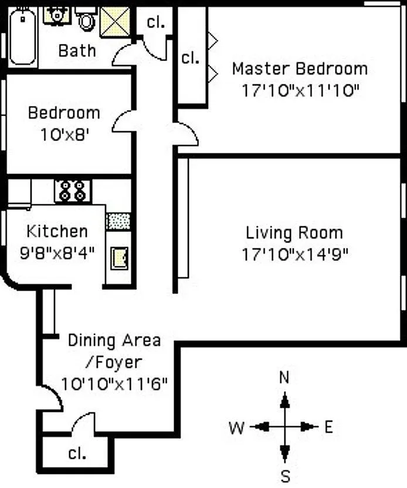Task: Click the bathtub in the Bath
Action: point(22,37)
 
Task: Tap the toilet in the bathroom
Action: point(86,19)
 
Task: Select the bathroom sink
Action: point(57,15)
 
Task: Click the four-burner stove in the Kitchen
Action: point(73,191)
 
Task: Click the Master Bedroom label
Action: point(300,69)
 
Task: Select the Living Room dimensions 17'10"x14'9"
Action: point(294,254)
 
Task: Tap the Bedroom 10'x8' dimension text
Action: point(65,135)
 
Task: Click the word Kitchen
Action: point(57,231)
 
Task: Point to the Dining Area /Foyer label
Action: point(114,351)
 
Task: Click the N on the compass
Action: point(284,377)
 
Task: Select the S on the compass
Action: point(285,476)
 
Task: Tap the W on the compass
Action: point(236,427)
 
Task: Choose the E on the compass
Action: point(328,427)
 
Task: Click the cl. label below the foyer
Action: point(77,453)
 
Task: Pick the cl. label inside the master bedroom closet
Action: point(191,58)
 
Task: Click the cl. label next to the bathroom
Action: point(155,22)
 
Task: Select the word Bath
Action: point(77,50)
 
